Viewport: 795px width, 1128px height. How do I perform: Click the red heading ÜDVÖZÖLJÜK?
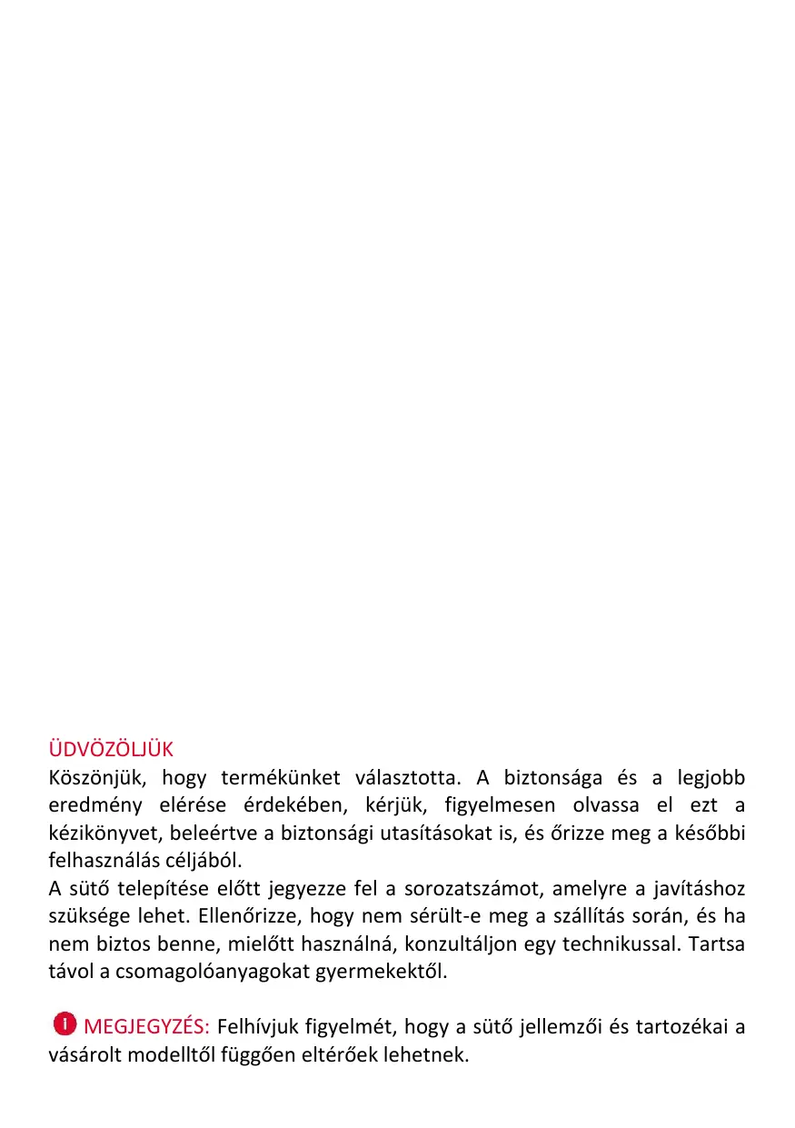tap(110, 750)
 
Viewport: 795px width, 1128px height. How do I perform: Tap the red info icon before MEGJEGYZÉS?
tap(64, 1024)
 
